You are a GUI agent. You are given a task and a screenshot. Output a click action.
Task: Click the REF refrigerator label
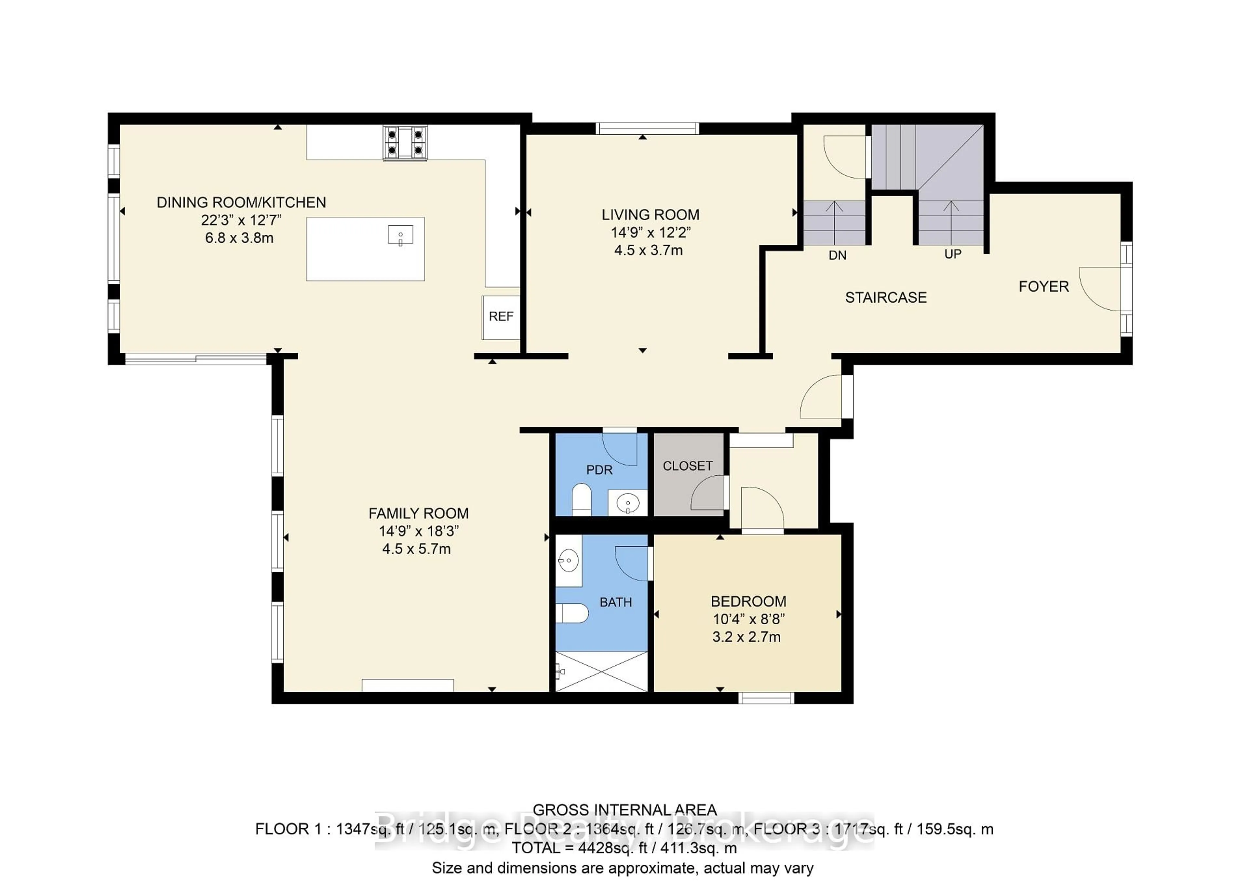tap(501, 317)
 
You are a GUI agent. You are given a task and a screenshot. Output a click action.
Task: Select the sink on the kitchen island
tap(400, 236)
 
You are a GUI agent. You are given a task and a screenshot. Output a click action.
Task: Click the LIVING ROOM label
tap(650, 215)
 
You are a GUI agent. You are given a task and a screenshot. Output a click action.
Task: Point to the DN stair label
tap(837, 255)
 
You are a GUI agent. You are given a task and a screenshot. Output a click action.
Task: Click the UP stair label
tap(953, 254)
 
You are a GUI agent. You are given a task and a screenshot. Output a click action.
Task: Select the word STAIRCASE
tap(886, 298)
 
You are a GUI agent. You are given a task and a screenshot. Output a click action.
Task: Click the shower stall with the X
tap(601, 672)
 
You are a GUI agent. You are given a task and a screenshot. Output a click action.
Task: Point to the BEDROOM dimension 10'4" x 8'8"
tap(748, 619)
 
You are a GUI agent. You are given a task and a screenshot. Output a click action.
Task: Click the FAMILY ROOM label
tap(418, 514)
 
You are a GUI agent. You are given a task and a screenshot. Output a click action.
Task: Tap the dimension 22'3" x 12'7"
tap(241, 220)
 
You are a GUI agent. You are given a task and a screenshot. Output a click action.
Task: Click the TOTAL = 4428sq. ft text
tap(624, 848)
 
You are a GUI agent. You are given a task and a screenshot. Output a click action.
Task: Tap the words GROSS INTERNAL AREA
tap(624, 810)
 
